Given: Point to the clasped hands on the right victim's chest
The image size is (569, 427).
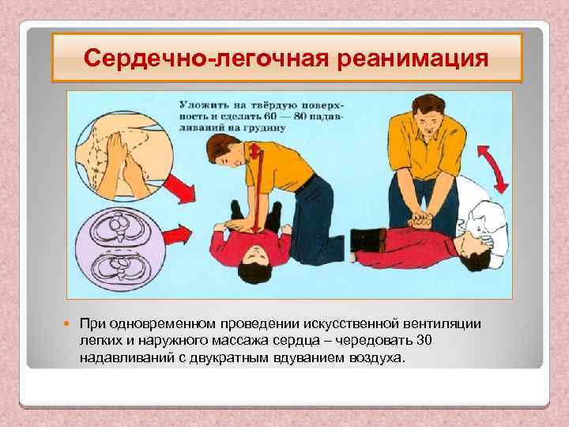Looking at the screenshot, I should click(x=420, y=217).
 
